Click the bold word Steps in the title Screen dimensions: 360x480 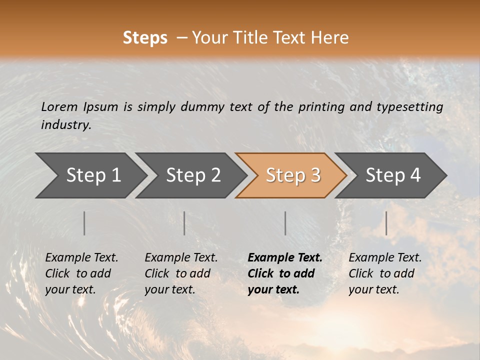(145, 38)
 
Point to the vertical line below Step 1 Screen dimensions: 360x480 (84, 223)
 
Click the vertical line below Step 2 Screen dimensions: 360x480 (184, 223)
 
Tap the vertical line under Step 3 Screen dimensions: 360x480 (285, 223)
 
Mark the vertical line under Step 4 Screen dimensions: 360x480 (386, 223)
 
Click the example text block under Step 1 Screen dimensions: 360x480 (81, 273)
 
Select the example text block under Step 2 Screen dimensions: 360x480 (181, 273)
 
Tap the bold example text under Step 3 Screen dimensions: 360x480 (285, 273)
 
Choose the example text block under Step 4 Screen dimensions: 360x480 (385, 273)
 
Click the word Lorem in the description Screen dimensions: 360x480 (59, 107)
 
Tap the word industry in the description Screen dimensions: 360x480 (65, 125)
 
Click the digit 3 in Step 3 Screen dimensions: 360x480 (315, 175)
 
